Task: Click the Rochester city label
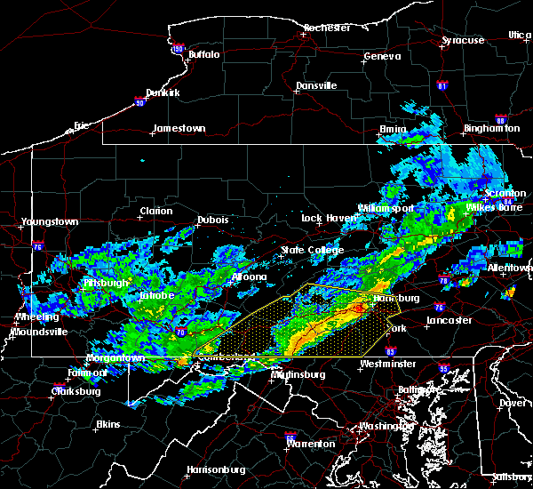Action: tap(327, 28)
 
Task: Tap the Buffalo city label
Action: tap(203, 54)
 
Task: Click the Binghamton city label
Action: tap(491, 128)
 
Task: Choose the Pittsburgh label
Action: tap(105, 283)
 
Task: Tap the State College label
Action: tap(312, 250)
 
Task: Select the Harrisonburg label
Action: tap(216, 469)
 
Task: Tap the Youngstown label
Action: tap(50, 221)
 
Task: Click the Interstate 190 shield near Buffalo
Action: tap(176, 50)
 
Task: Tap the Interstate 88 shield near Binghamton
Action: tap(500, 120)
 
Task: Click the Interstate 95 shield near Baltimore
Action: tap(445, 367)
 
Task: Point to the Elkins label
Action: tap(109, 424)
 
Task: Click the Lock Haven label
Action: tap(323, 218)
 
